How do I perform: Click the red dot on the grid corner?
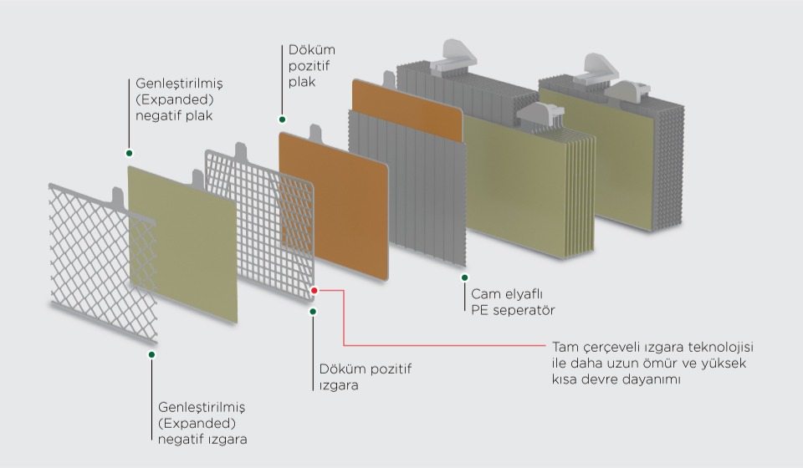pyautogui.click(x=315, y=291)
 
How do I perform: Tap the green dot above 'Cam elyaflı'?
pyautogui.click(x=464, y=277)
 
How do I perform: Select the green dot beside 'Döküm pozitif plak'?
pyautogui.click(x=282, y=120)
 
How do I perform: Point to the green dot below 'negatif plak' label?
pyautogui.click(x=129, y=153)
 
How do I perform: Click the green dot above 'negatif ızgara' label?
pyautogui.click(x=151, y=354)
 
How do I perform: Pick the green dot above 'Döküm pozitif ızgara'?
pyautogui.click(x=313, y=312)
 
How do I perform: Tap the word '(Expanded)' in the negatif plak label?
pyautogui.click(x=174, y=99)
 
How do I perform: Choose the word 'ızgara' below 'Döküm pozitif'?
pyautogui.click(x=339, y=385)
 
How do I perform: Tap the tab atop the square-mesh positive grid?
pyautogui.click(x=241, y=151)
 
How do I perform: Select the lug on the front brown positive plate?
pyautogui.click(x=315, y=134)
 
